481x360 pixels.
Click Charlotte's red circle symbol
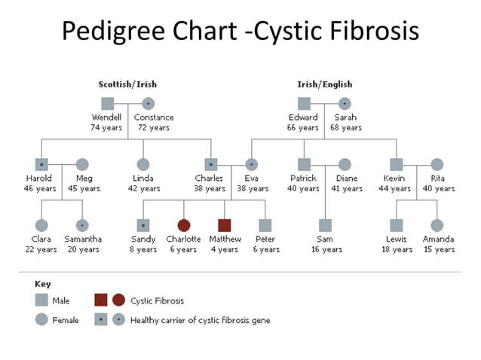(x=183, y=224)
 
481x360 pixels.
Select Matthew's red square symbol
(x=224, y=224)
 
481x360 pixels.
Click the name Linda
(x=143, y=178)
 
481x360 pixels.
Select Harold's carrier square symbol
(x=42, y=164)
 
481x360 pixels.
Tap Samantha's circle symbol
(x=82, y=224)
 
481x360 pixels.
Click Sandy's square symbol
(x=142, y=224)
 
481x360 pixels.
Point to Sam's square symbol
(x=325, y=224)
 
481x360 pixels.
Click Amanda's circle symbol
(x=437, y=224)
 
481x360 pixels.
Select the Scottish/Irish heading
(x=127, y=84)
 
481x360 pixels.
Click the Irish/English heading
(x=324, y=84)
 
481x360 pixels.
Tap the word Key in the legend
(x=43, y=284)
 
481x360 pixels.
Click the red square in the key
(x=102, y=301)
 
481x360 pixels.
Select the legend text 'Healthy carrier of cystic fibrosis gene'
(x=200, y=320)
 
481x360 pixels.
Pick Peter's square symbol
(x=265, y=224)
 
